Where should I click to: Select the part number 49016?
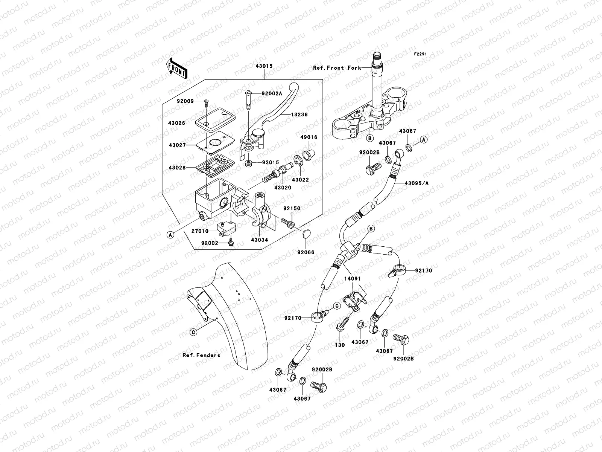coord(309,137)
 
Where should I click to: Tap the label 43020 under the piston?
coord(283,187)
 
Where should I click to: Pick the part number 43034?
coord(260,240)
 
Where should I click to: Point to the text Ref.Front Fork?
coord(337,68)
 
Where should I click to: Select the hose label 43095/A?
coord(417,183)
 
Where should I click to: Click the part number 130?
coord(340,345)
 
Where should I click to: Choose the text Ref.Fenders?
coord(201,355)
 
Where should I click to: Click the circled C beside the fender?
coord(193,332)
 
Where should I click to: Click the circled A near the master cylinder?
coord(170,235)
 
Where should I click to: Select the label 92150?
coord(292,208)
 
